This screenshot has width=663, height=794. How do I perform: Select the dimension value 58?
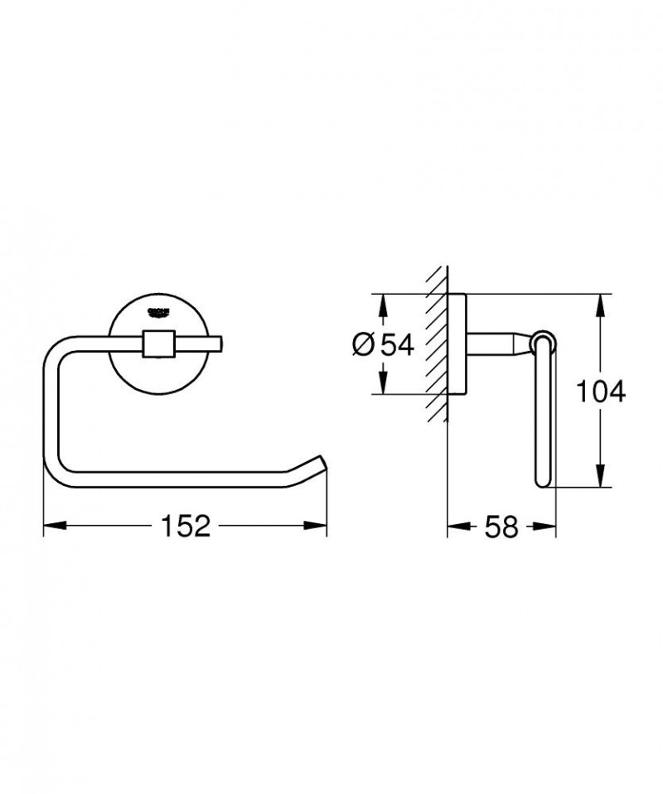(x=501, y=526)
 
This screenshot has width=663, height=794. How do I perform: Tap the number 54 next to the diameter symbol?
(x=396, y=344)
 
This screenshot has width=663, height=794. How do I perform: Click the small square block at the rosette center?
(x=157, y=343)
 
